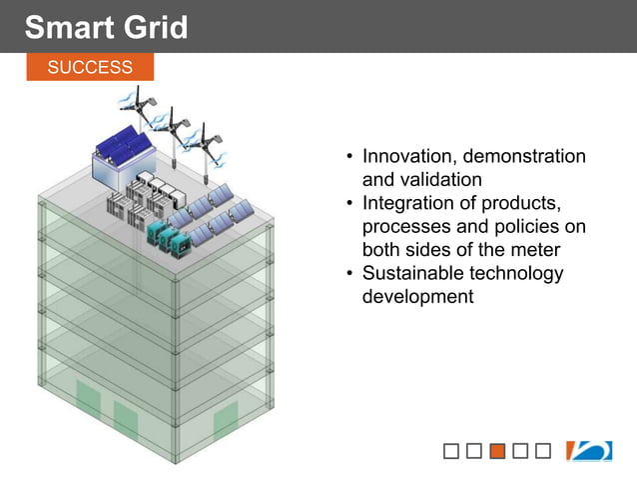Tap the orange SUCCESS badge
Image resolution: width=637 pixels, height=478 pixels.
[x=90, y=67]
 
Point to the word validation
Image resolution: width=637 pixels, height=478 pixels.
[x=441, y=180]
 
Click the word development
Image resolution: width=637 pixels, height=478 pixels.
[x=417, y=297]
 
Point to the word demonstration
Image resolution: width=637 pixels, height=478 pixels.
[x=525, y=157]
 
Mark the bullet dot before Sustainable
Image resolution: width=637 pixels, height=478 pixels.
[x=349, y=274]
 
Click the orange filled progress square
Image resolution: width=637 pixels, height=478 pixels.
[x=497, y=451]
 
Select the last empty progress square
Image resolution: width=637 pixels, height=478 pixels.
[x=543, y=451]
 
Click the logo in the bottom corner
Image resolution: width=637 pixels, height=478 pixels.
[x=589, y=451]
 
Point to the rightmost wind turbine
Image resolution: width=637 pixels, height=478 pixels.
[x=208, y=140]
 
